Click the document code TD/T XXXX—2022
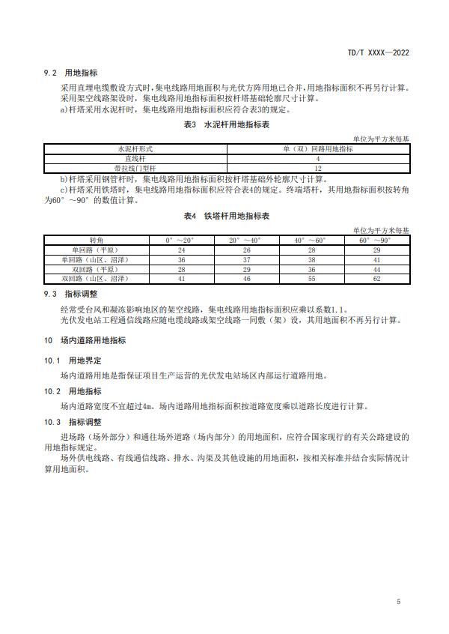[379, 53]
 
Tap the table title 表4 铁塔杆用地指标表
[225, 216]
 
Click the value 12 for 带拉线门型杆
[318, 168]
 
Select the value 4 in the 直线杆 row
[318, 159]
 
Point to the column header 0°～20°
[180, 240]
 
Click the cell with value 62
[376, 278]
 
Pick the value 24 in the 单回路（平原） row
[180, 250]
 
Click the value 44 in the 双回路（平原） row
[376, 268]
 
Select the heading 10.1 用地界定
[76, 360]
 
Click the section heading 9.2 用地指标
[76, 73]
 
